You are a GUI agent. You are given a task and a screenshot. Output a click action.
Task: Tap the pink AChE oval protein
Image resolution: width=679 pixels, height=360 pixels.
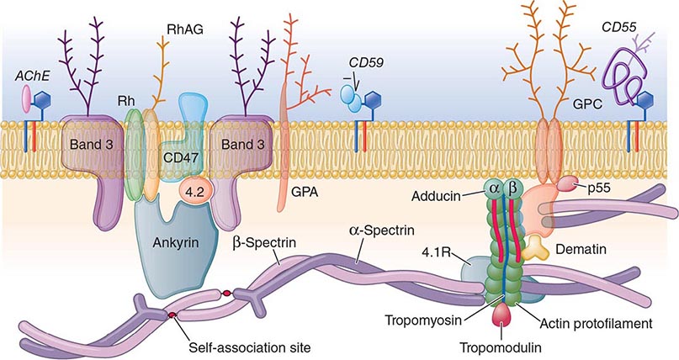26,98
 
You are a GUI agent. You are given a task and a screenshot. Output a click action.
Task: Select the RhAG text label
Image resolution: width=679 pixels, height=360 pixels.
184,29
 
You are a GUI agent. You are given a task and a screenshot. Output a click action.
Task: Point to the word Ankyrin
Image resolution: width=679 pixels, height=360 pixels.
175,242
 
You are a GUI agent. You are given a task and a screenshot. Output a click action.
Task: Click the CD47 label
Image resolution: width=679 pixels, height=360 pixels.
181,157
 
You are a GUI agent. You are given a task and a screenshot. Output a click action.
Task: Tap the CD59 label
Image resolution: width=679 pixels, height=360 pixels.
366,63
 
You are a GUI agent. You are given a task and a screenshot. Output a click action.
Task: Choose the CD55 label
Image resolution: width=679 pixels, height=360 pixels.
619,27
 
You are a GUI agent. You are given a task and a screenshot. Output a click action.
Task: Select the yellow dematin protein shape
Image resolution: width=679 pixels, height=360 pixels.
533,248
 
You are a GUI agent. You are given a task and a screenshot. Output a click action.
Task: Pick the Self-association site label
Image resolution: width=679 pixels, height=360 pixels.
250,347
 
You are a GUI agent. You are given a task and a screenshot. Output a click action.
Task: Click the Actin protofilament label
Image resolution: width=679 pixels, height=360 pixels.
596,323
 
